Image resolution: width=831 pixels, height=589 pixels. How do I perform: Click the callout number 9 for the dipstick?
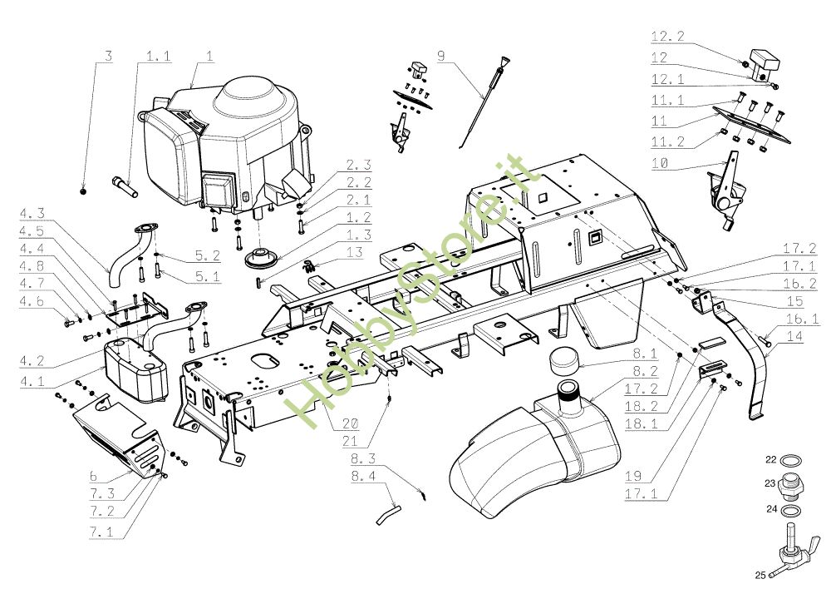click(441, 56)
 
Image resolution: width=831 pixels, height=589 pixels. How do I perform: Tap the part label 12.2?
click(668, 36)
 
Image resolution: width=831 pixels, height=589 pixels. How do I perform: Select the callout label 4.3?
click(32, 213)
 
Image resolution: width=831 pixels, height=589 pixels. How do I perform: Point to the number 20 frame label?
click(350, 423)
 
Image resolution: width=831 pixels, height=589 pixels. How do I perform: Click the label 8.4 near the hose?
click(363, 476)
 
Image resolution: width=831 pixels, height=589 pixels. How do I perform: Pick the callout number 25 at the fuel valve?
click(760, 575)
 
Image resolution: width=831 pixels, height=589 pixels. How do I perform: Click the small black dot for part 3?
click(82, 191)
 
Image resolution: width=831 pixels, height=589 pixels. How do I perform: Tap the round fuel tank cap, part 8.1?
click(565, 359)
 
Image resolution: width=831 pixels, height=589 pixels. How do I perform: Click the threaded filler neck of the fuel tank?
click(569, 395)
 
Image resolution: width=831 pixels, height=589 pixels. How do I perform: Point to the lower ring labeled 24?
click(791, 511)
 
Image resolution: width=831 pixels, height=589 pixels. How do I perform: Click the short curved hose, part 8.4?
click(388, 515)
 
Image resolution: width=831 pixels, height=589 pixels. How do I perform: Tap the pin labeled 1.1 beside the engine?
click(125, 187)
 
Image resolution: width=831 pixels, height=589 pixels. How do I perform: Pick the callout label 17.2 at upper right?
click(799, 248)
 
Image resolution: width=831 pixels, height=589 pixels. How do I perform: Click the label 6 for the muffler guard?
click(94, 476)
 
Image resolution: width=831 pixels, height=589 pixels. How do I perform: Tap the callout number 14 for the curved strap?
click(794, 336)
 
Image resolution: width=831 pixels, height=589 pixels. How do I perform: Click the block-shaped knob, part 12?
click(765, 65)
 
